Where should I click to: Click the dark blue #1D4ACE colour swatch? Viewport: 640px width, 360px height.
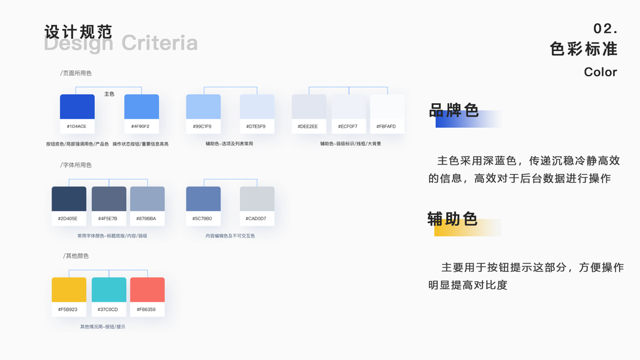(x=77, y=107)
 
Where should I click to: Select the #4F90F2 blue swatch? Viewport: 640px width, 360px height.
(x=142, y=107)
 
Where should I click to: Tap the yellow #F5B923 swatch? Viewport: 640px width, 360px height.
(x=69, y=290)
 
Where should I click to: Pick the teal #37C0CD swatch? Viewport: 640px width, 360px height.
(x=109, y=290)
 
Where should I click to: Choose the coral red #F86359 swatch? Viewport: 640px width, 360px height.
(x=147, y=290)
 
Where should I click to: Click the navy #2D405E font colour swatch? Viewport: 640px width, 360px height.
(x=69, y=199)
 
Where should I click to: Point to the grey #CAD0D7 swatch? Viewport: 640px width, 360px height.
(x=257, y=199)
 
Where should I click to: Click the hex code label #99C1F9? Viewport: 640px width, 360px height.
(x=203, y=127)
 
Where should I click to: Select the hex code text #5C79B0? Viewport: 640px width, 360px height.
(x=203, y=218)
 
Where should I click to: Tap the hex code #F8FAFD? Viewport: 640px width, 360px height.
(x=386, y=127)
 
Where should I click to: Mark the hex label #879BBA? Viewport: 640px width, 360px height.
(x=146, y=218)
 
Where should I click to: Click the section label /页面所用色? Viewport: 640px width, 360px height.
(x=76, y=73)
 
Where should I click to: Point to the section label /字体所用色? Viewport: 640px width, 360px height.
(x=76, y=165)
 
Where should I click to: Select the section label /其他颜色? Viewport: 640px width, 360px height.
(x=76, y=256)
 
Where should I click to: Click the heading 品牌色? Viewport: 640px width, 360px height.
(x=453, y=111)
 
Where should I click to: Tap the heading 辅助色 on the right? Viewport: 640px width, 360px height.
(x=452, y=219)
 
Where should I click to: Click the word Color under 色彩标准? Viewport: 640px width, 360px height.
(x=600, y=72)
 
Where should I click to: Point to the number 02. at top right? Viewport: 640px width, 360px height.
(x=605, y=29)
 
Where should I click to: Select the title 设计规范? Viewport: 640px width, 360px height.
(x=78, y=32)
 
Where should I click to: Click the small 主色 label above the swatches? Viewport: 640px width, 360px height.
(x=109, y=94)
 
